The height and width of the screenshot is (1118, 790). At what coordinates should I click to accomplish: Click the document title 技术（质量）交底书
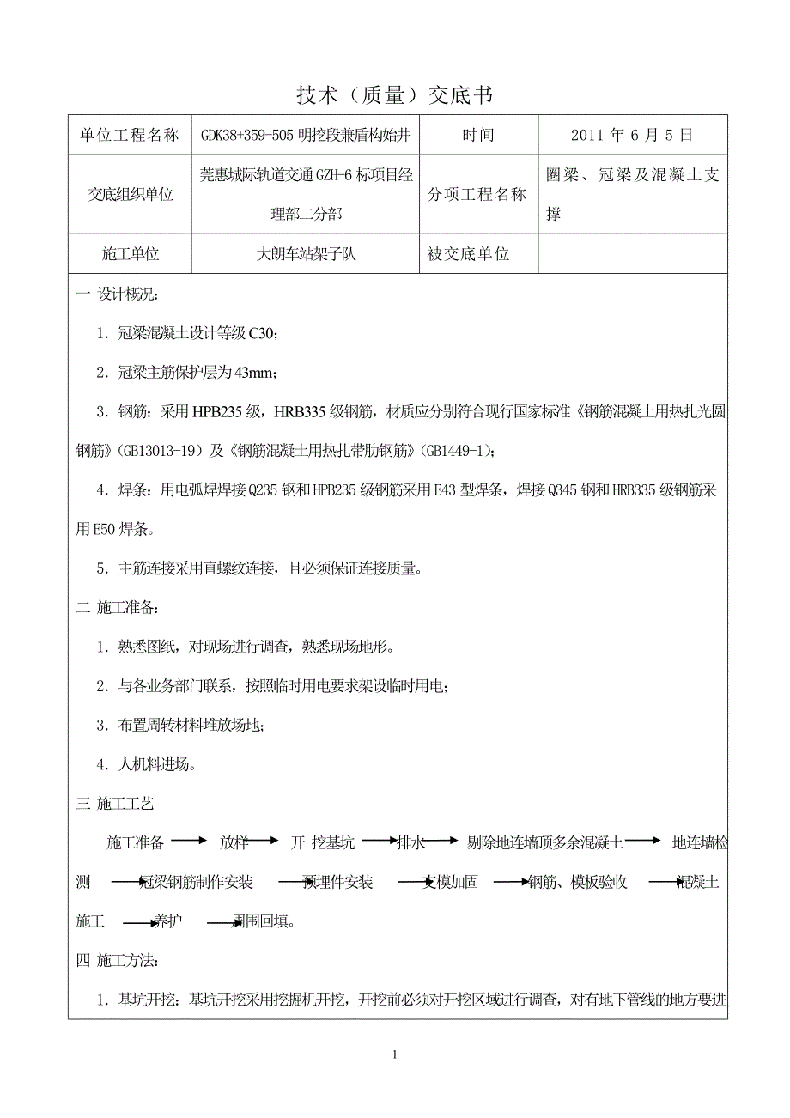coord(394,95)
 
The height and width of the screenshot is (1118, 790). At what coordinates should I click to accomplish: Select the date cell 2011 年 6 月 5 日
coord(631,135)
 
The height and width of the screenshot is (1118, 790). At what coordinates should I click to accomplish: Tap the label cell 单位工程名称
coord(130,135)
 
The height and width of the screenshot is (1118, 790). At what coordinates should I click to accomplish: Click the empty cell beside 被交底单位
coord(632,254)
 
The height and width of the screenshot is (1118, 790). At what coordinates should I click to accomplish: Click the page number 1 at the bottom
coord(394,1054)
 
